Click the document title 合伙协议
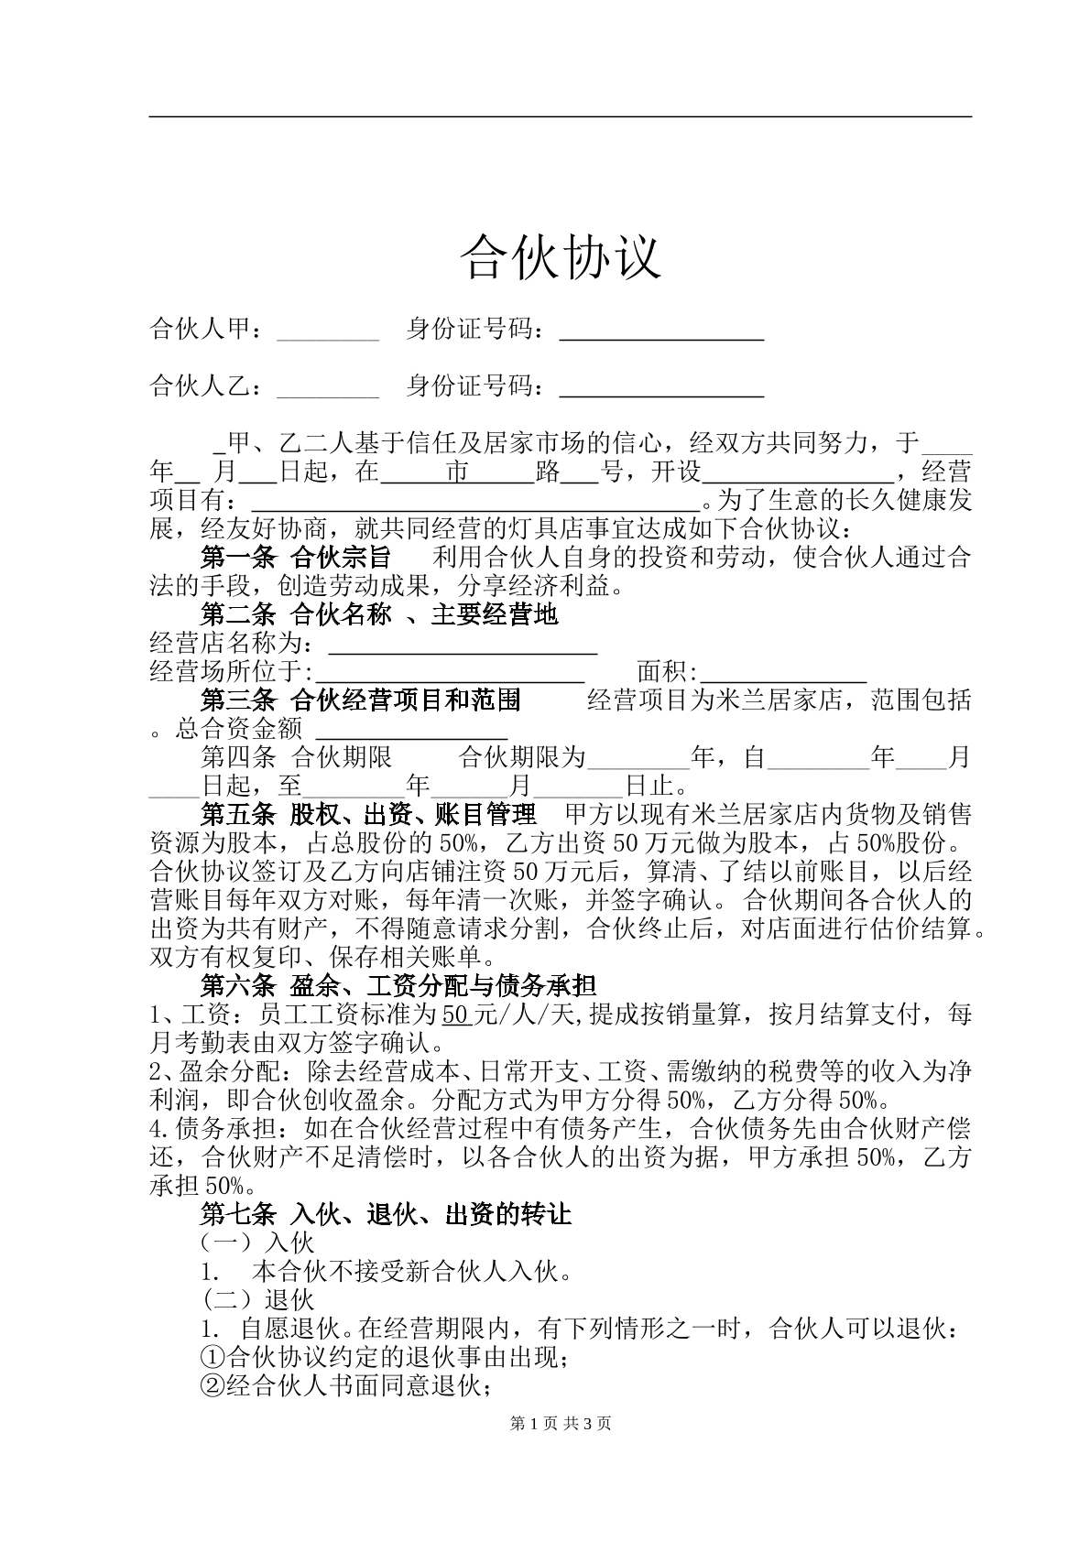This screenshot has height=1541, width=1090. (x=560, y=255)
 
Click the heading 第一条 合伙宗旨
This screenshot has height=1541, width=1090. (x=295, y=557)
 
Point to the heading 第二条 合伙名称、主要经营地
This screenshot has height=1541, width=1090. (x=378, y=613)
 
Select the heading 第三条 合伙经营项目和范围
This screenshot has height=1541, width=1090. (x=360, y=700)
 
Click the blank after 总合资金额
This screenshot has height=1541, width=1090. (x=412, y=731)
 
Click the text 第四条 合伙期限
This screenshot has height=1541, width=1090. (x=296, y=757)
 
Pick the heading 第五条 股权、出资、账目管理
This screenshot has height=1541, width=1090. (x=367, y=814)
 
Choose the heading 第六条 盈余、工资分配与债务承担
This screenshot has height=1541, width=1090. (x=398, y=986)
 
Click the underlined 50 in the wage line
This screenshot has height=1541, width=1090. (x=456, y=1015)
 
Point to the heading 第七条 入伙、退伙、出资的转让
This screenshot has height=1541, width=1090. (x=386, y=1214)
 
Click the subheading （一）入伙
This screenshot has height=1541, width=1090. (x=257, y=1243)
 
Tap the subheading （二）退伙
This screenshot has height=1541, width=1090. (x=257, y=1299)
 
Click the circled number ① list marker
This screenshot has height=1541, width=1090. (x=212, y=1357)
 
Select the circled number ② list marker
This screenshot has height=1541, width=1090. (x=212, y=1386)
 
